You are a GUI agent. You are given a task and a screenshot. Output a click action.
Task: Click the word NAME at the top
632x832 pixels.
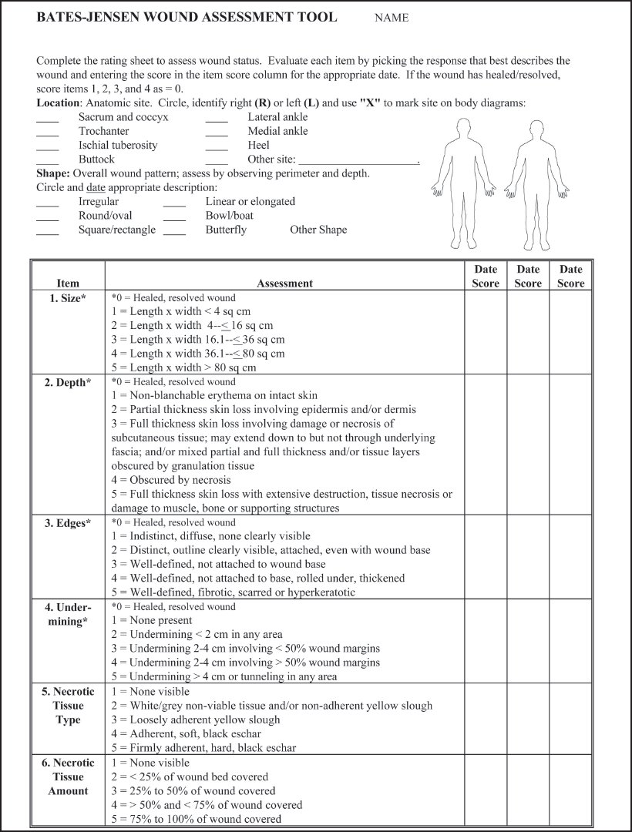coord(392,18)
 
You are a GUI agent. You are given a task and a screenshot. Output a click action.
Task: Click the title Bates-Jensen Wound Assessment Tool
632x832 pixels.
coord(187,17)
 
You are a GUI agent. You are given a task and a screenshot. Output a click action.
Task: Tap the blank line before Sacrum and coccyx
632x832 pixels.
coord(48,118)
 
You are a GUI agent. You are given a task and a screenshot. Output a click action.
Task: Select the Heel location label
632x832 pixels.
coord(258,146)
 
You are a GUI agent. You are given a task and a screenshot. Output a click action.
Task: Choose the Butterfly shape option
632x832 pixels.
coord(226,230)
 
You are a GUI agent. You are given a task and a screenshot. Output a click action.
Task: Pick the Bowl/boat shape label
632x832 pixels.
coord(229,216)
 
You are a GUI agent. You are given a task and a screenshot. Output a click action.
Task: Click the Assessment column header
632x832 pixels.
coord(284,283)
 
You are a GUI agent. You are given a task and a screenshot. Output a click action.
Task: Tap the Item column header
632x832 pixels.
coord(68,283)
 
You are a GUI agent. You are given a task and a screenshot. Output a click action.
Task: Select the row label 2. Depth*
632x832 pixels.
coord(68,382)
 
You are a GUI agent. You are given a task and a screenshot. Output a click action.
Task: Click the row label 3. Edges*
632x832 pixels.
coord(68,523)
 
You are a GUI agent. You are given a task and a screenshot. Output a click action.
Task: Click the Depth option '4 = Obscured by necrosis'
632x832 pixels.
coord(171,481)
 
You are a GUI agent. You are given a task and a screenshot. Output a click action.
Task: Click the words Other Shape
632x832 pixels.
coord(318,230)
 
